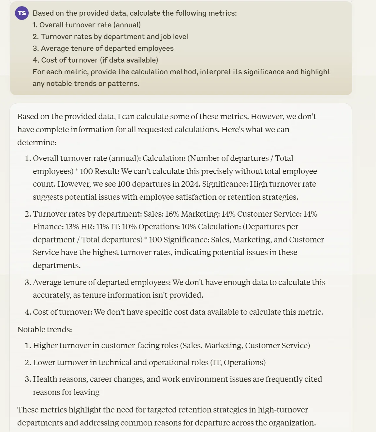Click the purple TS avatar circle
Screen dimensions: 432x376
click(x=22, y=13)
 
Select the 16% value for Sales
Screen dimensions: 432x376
click(x=172, y=214)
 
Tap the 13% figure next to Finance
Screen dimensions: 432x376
click(x=72, y=227)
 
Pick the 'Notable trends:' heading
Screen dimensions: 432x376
click(x=45, y=330)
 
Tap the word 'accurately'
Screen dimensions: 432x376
click(x=52, y=295)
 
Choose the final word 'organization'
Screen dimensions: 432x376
click(x=292, y=423)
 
